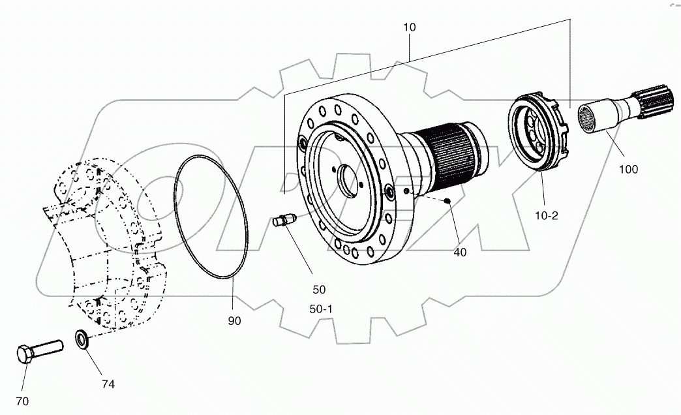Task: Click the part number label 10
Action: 409,27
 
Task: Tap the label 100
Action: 629,170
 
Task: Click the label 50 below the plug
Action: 319,289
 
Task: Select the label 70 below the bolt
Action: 22,401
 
